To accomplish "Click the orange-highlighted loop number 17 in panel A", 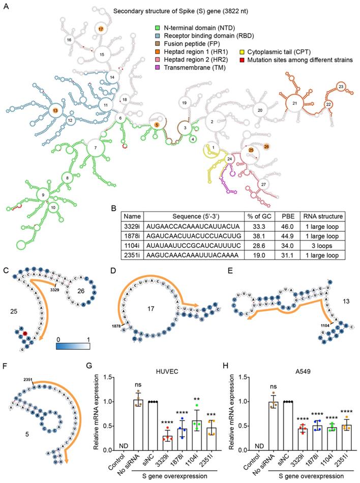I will click(101, 30).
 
